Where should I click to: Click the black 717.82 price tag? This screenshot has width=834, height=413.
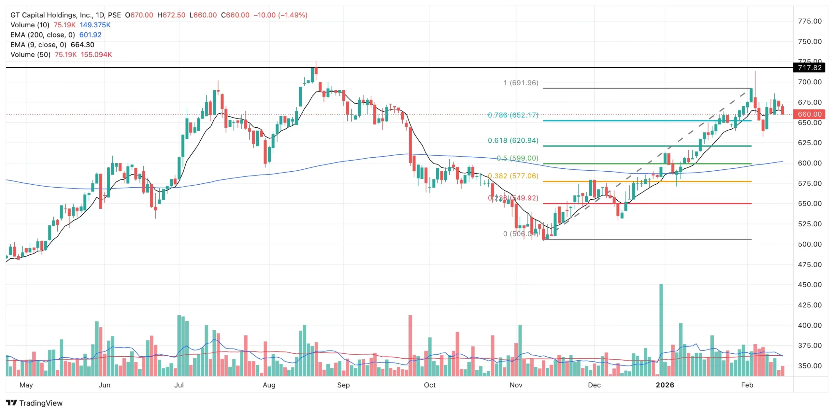coord(810,68)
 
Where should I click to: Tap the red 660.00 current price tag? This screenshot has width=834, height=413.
coord(810,114)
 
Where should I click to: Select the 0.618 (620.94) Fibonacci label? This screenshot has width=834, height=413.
coord(513,140)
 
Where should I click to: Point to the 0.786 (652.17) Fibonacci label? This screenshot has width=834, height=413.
coord(513,115)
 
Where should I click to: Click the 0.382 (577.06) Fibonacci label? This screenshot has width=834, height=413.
coord(513,176)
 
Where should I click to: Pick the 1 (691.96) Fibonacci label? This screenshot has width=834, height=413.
coord(521,83)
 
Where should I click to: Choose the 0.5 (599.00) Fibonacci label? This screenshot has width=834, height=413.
coord(517,158)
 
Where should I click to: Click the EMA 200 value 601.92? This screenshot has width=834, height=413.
coord(90,35)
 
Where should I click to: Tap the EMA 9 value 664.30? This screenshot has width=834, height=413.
coord(82,45)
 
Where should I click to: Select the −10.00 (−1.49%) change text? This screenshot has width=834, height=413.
coord(280,15)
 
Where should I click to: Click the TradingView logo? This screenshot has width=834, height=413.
coord(34,403)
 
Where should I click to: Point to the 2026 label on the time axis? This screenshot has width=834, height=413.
coord(665,385)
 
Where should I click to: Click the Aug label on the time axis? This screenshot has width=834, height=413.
coord(269,385)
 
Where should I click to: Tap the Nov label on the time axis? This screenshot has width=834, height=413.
coord(516,385)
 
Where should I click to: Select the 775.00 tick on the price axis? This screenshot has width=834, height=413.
coord(810,21)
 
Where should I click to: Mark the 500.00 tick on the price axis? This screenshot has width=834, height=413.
coord(810,244)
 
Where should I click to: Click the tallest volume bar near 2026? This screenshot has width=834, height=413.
coord(661,329)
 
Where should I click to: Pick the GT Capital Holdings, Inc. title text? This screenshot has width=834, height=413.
coord(52,15)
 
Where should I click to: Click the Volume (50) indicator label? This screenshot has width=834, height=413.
coord(30,55)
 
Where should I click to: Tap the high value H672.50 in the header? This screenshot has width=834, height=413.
coord(171,15)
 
